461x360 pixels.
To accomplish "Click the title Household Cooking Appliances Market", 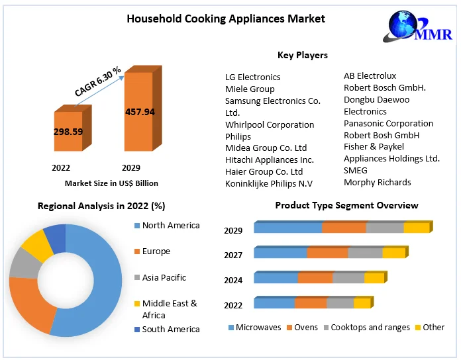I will coord(226,19).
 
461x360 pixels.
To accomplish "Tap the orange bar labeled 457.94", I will coord(139,111).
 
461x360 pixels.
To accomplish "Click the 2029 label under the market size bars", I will coord(131,168).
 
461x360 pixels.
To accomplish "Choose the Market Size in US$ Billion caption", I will coord(111,183).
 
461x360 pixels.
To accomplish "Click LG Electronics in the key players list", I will coord(252,77).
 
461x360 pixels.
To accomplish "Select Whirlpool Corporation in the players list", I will coord(270,124).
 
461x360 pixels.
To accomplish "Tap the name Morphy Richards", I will coord(377,182).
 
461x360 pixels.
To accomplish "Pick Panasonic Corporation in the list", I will coord(388,123).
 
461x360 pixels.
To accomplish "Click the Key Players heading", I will coord(302,55).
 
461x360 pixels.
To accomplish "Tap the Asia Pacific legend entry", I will coord(164,277).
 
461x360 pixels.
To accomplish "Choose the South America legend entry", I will coord(170,329).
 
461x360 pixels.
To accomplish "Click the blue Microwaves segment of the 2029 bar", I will coord(288,228).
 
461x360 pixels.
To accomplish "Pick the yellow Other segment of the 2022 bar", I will coord(362,303).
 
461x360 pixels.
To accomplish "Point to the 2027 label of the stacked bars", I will coord(233,255).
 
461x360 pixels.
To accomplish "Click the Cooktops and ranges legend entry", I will coord(370,327).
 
